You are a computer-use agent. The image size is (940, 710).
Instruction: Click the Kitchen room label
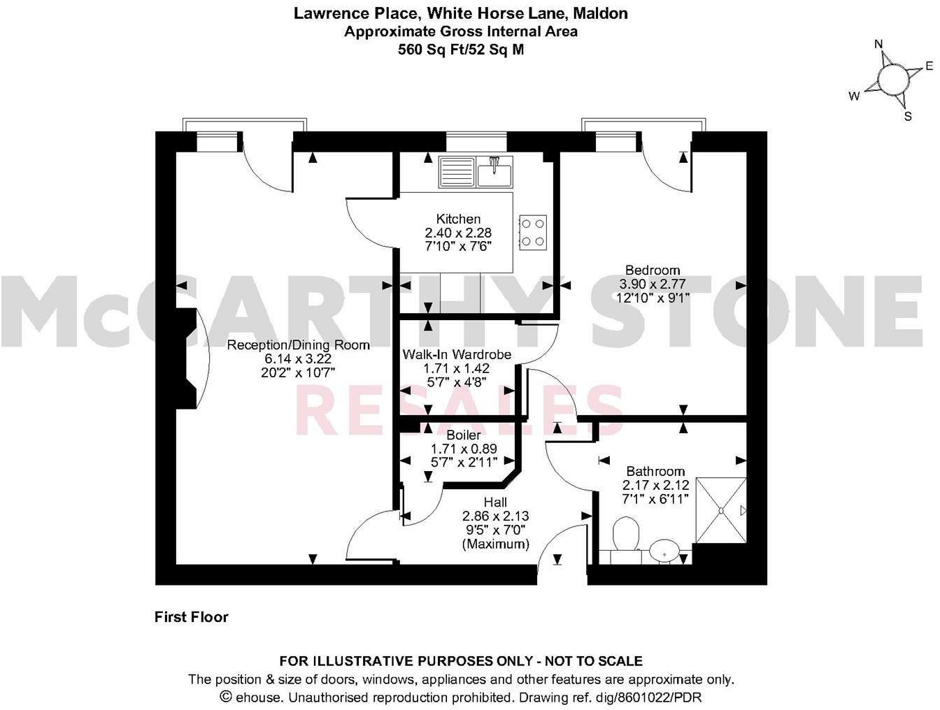tap(458, 219)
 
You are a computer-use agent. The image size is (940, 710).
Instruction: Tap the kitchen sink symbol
tap(476, 172)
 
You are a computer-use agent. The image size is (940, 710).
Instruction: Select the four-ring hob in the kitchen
tap(532, 233)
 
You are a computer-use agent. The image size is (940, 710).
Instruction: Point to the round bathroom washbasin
tap(663, 550)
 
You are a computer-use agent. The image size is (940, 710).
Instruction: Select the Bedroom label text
tap(652, 270)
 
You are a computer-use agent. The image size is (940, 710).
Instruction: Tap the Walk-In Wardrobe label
tap(457, 355)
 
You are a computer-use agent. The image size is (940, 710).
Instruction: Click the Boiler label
tap(458, 435)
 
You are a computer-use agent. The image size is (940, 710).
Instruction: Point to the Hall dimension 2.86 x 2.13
tap(495, 516)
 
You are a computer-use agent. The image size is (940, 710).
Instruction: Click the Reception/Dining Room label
tap(298, 345)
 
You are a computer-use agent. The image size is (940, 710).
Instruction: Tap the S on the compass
tap(908, 117)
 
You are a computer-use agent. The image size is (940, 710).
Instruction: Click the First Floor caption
tap(191, 617)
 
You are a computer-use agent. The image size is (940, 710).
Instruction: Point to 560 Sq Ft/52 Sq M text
tap(460, 50)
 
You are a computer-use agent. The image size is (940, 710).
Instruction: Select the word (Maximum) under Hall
tap(495, 544)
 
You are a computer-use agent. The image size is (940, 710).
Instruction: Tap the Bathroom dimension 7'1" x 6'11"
tap(655, 498)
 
